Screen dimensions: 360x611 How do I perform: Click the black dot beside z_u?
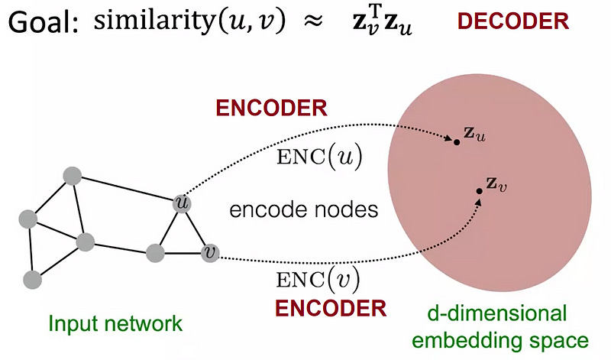457,141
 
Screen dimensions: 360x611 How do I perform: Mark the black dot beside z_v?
479,191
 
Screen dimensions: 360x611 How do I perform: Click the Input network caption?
115,323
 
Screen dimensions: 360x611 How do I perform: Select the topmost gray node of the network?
72,175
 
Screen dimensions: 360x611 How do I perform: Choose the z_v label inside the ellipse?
497,186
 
